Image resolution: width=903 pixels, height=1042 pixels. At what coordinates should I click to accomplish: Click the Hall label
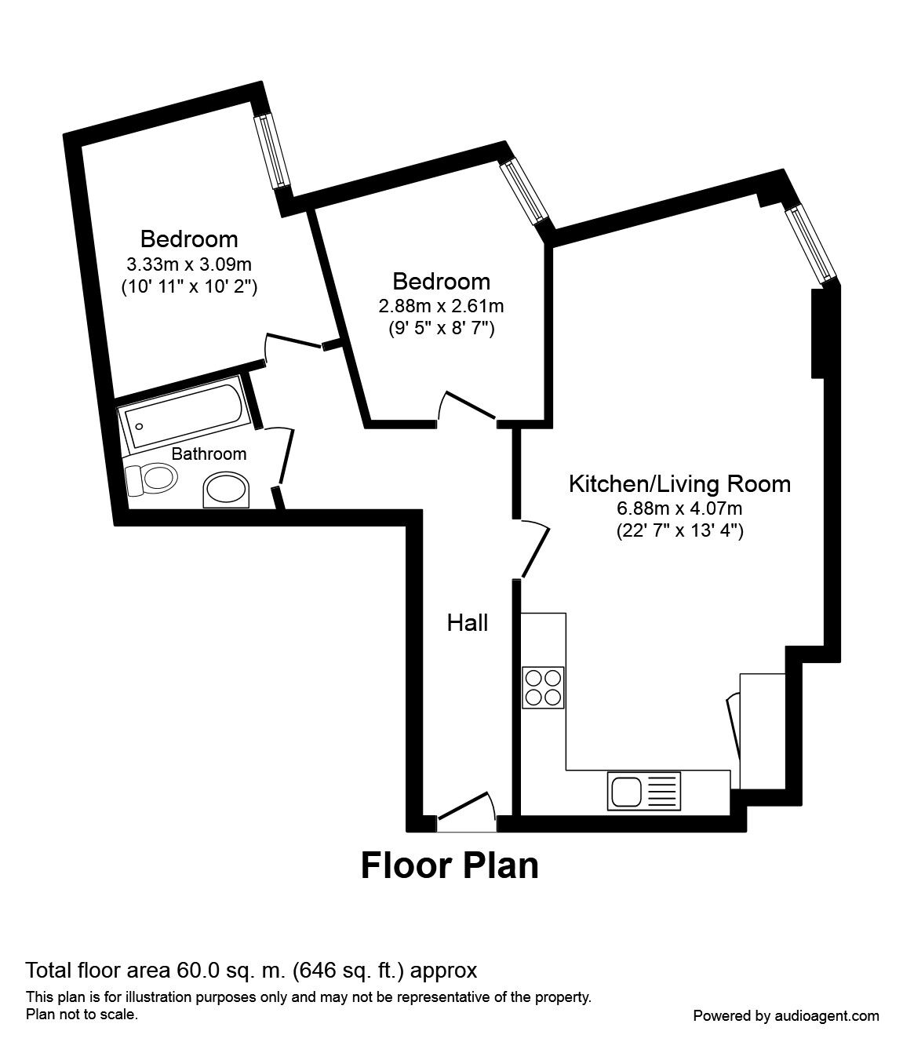[468, 623]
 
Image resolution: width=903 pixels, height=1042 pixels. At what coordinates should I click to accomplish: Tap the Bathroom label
[209, 454]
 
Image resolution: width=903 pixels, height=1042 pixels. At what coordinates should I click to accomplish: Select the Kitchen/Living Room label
[679, 484]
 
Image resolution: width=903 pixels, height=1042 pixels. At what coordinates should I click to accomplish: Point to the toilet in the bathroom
[151, 479]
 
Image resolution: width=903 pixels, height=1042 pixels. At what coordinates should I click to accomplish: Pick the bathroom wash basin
[226, 490]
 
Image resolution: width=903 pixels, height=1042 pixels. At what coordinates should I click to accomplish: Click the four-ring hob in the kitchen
[543, 688]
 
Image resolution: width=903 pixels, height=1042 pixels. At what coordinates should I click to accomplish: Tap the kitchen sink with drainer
[644, 791]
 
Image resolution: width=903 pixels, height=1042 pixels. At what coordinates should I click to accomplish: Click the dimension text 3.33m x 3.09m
[189, 264]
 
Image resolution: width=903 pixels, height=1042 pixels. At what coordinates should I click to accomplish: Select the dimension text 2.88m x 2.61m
[441, 306]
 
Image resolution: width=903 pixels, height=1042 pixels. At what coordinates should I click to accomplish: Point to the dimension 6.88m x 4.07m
[679, 508]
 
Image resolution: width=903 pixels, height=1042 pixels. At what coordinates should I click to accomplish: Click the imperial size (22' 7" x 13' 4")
[679, 531]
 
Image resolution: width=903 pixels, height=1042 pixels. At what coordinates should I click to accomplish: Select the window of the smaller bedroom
[524, 191]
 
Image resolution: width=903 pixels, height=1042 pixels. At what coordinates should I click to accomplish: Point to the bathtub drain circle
[140, 427]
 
